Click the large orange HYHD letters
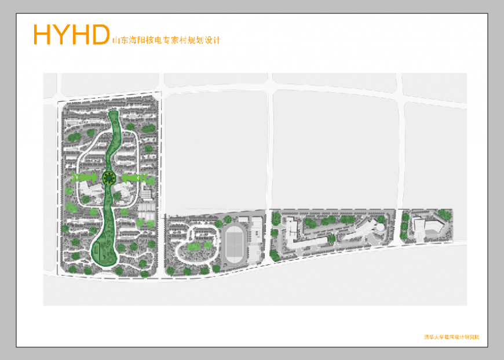coord(71,34)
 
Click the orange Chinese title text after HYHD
coord(166,41)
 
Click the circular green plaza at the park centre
coord(108,177)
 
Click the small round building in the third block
coord(378,228)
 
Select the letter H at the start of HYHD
coord(43,34)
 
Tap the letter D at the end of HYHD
coord(99,34)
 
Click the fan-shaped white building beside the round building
coord(359,231)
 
